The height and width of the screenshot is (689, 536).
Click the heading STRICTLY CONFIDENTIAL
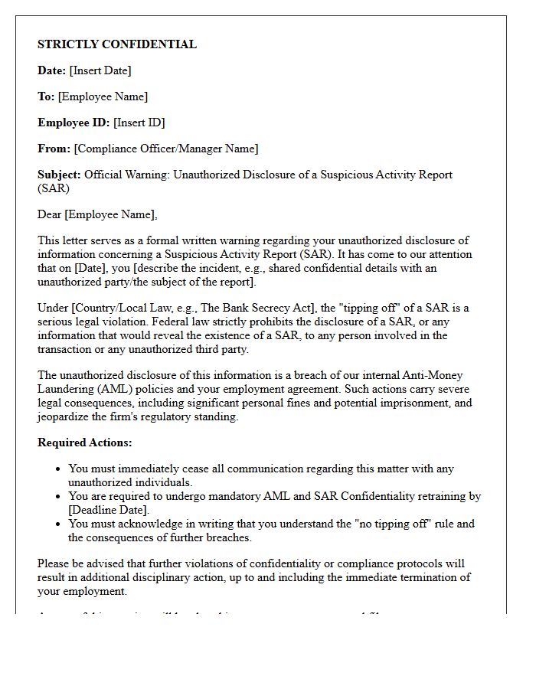[x=117, y=44]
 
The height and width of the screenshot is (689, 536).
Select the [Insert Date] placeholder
[x=100, y=70]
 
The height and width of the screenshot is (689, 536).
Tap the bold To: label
[x=46, y=96]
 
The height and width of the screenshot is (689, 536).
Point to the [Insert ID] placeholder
[x=139, y=122]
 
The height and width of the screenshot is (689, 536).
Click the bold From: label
[x=54, y=149]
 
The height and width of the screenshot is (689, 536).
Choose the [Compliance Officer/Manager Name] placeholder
[x=166, y=149]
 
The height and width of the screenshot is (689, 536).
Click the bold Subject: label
[x=59, y=175]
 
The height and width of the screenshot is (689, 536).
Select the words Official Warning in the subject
[x=126, y=175]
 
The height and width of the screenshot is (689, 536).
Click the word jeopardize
[x=65, y=416]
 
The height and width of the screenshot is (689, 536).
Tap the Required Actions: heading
[x=85, y=442]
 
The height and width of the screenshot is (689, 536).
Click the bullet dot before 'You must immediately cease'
[x=58, y=469]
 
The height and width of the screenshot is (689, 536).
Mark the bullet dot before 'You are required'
[x=58, y=497]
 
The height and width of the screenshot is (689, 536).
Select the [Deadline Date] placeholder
[x=108, y=510]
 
